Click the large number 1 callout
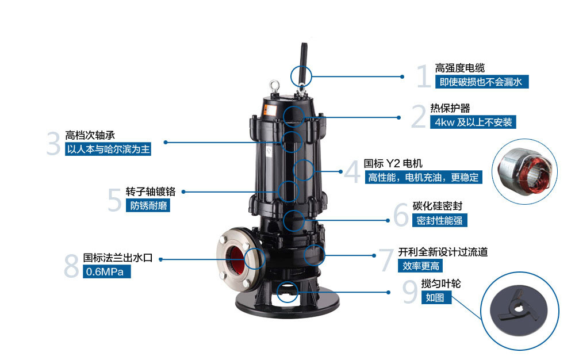click(x=423, y=76)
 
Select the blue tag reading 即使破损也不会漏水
click(x=481, y=82)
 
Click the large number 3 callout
click(x=53, y=144)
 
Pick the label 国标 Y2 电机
click(x=393, y=164)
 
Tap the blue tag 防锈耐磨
click(x=148, y=205)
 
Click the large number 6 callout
click(x=401, y=214)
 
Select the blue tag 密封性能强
click(x=439, y=220)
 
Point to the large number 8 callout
click(x=71, y=266)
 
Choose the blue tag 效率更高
click(x=419, y=266)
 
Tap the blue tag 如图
click(x=435, y=297)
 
